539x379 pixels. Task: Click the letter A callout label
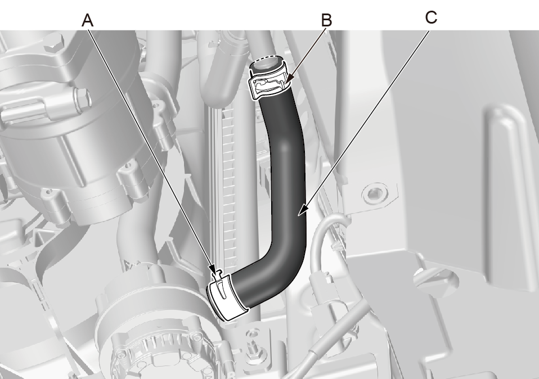pos(87,21)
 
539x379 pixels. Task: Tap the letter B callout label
pos(326,20)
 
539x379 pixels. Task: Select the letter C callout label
pos(431,17)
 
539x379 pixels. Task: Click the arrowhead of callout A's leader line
pos(213,269)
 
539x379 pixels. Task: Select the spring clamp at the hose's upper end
pos(269,83)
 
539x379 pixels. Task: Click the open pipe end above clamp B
pos(267,64)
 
